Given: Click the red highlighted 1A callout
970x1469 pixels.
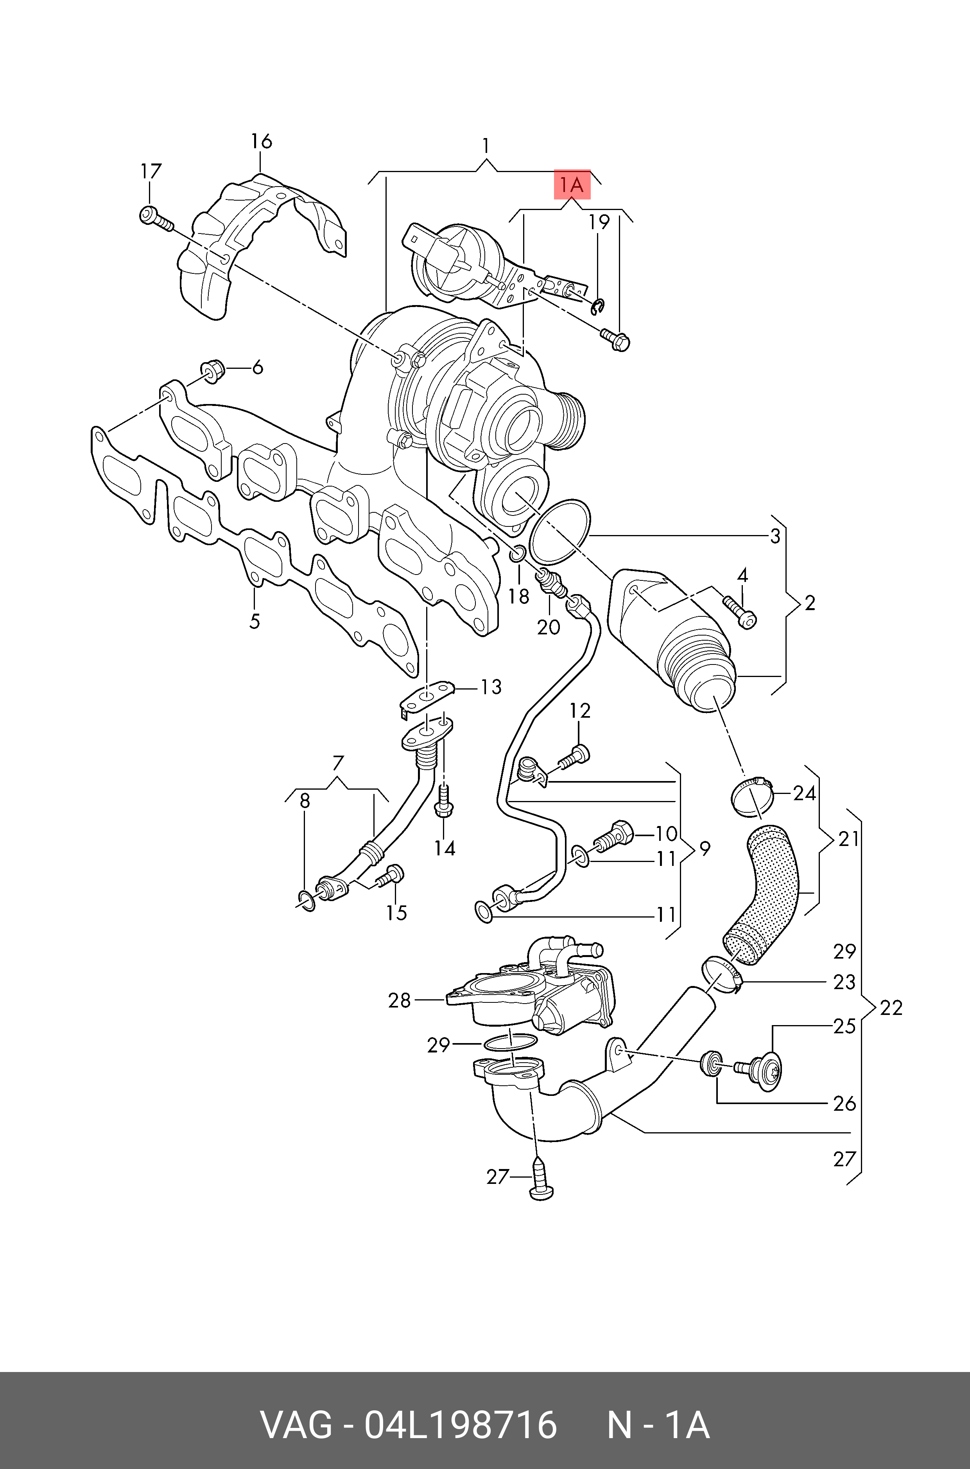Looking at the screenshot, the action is click(x=572, y=184).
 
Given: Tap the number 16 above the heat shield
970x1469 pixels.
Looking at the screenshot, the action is click(x=261, y=141).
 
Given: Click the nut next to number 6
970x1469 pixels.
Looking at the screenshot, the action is click(x=212, y=370).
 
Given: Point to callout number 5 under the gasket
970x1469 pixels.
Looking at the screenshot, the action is click(x=254, y=621).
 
